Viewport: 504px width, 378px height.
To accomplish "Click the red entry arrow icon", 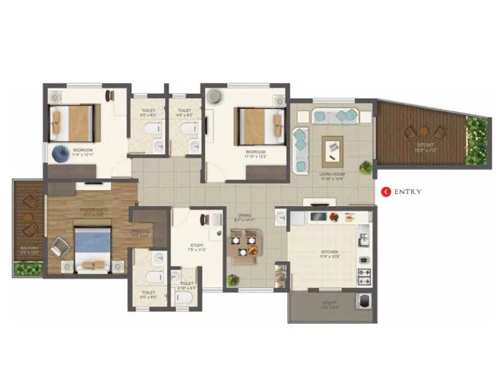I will [386, 192].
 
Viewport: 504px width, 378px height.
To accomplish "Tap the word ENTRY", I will [408, 192].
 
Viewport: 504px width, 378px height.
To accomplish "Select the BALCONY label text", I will [29, 249].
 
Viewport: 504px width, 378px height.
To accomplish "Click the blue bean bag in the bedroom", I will [61, 153].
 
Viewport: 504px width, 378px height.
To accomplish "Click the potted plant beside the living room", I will [365, 167].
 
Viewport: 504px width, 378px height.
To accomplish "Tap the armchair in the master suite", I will [60, 246].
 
